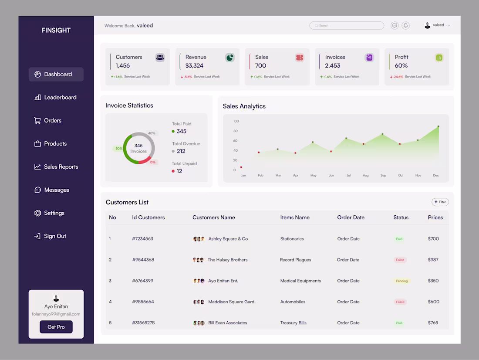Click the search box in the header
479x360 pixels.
click(347, 26)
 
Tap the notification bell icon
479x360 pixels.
click(405, 26)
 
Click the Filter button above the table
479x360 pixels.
click(440, 202)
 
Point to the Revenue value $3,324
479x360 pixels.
click(194, 66)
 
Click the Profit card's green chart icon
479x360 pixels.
click(439, 58)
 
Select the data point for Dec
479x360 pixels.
click(438, 126)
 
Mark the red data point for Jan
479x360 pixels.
click(241, 167)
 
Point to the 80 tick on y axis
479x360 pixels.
click(236, 131)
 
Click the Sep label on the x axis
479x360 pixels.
click(383, 175)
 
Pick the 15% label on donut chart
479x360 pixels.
click(152, 162)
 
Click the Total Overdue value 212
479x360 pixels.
click(181, 151)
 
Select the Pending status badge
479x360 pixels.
click(401, 281)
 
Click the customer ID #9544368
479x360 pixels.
click(143, 260)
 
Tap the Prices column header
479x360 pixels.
click(435, 217)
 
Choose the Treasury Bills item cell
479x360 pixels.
click(293, 323)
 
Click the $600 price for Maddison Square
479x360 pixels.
click(433, 302)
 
